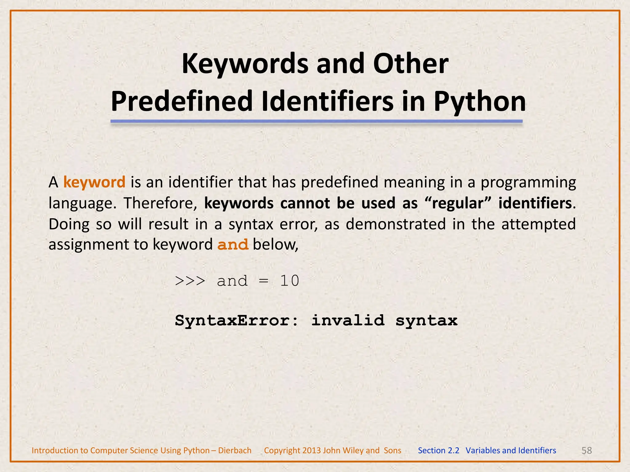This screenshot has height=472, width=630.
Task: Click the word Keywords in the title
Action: click(x=245, y=64)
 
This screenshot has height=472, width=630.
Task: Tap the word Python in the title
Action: click(x=480, y=101)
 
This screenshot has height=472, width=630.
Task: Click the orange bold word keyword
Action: click(x=94, y=182)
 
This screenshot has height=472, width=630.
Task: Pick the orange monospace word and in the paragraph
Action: click(x=233, y=245)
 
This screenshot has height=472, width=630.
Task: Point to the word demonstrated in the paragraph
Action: click(x=396, y=224)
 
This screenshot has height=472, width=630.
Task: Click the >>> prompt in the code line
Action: click(x=190, y=281)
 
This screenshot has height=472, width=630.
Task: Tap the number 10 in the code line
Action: click(x=289, y=281)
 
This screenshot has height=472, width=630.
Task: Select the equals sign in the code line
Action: click(x=264, y=281)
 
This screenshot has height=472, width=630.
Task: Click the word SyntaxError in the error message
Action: click(x=236, y=321)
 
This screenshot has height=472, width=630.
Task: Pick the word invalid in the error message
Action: click(x=348, y=321)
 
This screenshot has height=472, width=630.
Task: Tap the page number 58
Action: click(x=587, y=450)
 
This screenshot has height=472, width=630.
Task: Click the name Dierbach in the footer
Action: click(x=235, y=450)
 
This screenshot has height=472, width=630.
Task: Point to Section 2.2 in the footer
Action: click(x=438, y=450)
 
